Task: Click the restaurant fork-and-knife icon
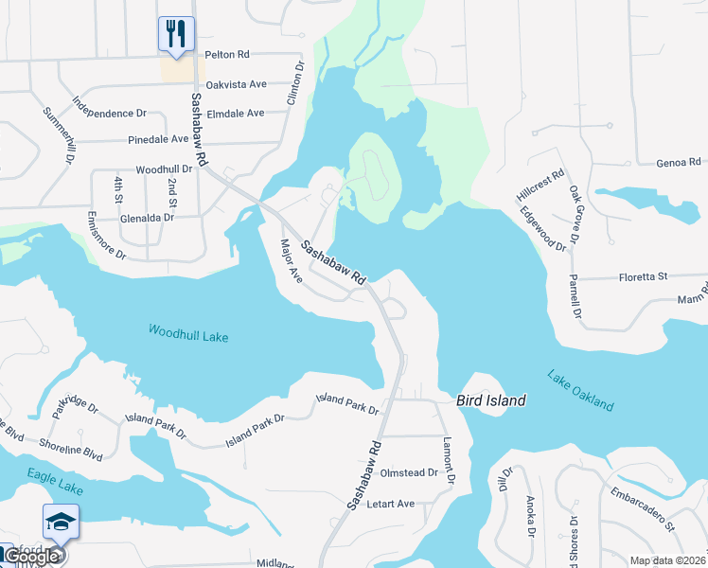pos(175,34)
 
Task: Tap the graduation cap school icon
pos(61,523)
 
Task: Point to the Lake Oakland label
pos(580,390)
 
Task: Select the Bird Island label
pos(491,400)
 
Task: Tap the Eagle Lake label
pos(56,481)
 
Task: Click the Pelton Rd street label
pos(227,56)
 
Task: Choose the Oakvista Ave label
pos(237,84)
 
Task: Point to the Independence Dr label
pos(109,107)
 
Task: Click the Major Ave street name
pos(290,261)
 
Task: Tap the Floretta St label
pos(643,276)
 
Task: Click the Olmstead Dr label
pos(409,472)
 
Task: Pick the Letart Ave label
pos(391,504)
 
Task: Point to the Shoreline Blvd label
pos(70,448)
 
